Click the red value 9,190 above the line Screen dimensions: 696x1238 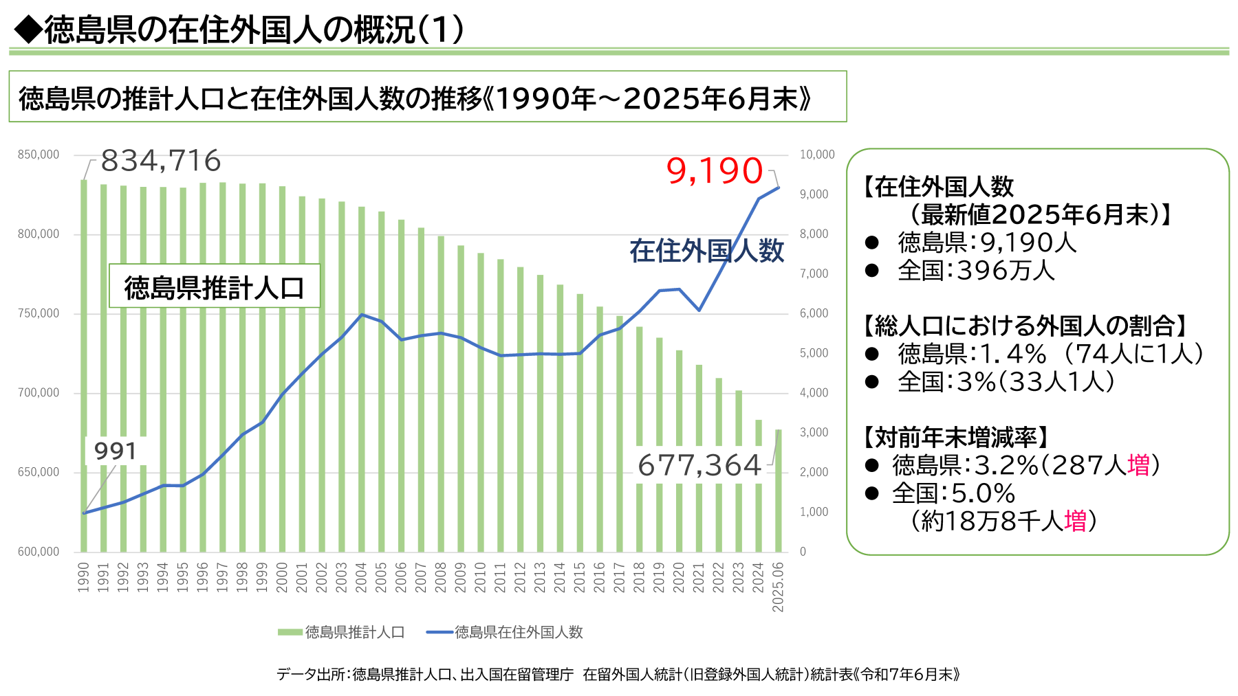715,171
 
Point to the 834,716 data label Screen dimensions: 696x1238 161,161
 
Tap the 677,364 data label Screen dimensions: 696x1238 699,466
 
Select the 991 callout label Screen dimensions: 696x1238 116,451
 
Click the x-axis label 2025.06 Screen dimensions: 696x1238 778,587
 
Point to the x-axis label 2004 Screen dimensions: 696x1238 361,577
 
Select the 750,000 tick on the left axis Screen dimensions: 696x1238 39,313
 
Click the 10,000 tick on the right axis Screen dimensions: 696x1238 817,155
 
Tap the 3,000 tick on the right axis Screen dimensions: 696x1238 814,433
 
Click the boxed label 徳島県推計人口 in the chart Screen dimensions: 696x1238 214,287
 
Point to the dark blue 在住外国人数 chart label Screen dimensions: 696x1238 706,251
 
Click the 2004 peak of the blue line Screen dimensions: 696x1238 362,315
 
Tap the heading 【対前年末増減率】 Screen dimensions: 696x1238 957,437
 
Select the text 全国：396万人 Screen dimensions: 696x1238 976,271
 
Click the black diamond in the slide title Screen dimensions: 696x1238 28,30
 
